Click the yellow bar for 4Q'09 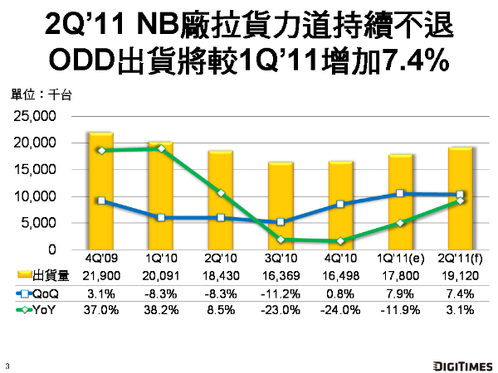tap(100, 191)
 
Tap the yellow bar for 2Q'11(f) tap(461, 198)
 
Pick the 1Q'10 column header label tap(159, 258)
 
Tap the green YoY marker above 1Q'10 tap(160, 148)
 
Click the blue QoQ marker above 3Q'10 tap(281, 222)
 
